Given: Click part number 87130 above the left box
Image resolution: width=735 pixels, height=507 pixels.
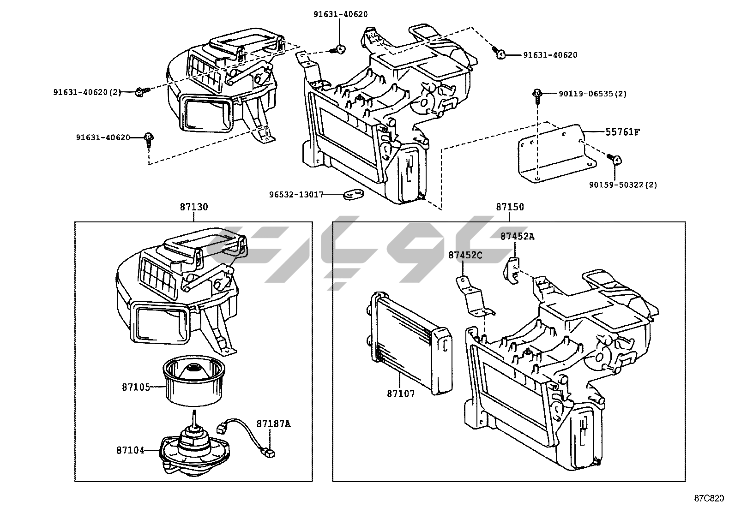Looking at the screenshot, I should point(194,207).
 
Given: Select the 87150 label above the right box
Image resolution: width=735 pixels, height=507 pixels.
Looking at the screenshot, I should point(510,207).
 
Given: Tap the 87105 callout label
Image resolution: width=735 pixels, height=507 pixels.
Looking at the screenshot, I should point(136,387).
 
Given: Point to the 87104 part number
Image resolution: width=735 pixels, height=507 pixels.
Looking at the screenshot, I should point(130,450).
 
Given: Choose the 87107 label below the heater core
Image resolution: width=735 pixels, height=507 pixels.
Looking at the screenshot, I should point(401,394).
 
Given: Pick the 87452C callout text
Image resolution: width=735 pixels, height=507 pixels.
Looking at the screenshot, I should point(465,255).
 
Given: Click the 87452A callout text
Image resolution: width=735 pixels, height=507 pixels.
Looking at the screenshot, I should point(518,236).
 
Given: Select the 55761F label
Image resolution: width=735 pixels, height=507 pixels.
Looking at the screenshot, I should point(623,132).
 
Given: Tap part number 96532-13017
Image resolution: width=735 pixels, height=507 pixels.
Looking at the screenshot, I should point(296,195).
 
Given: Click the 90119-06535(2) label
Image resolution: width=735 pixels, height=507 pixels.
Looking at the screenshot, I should point(592,94).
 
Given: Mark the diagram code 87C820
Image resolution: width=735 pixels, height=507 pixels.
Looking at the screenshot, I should point(709,498).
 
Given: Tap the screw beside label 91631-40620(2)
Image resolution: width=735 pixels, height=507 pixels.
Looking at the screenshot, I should point(140,92).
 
